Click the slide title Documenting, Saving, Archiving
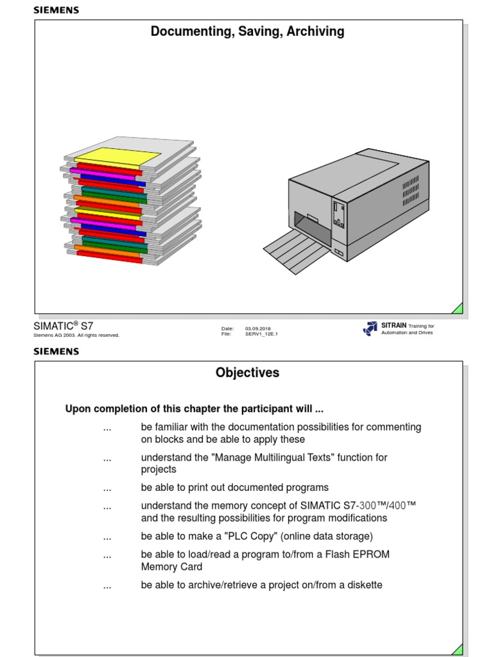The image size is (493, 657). (x=247, y=31)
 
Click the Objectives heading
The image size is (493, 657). (x=247, y=373)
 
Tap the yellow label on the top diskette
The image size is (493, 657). (x=117, y=156)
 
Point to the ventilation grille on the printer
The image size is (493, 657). (x=410, y=190)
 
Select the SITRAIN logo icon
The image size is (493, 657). (x=370, y=328)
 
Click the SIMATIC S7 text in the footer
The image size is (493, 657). (x=63, y=326)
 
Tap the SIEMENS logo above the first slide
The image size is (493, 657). (x=56, y=10)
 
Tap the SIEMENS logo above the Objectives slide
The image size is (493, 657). (x=56, y=352)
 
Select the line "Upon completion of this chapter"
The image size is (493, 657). (x=189, y=409)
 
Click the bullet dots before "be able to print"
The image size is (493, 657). (x=107, y=488)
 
